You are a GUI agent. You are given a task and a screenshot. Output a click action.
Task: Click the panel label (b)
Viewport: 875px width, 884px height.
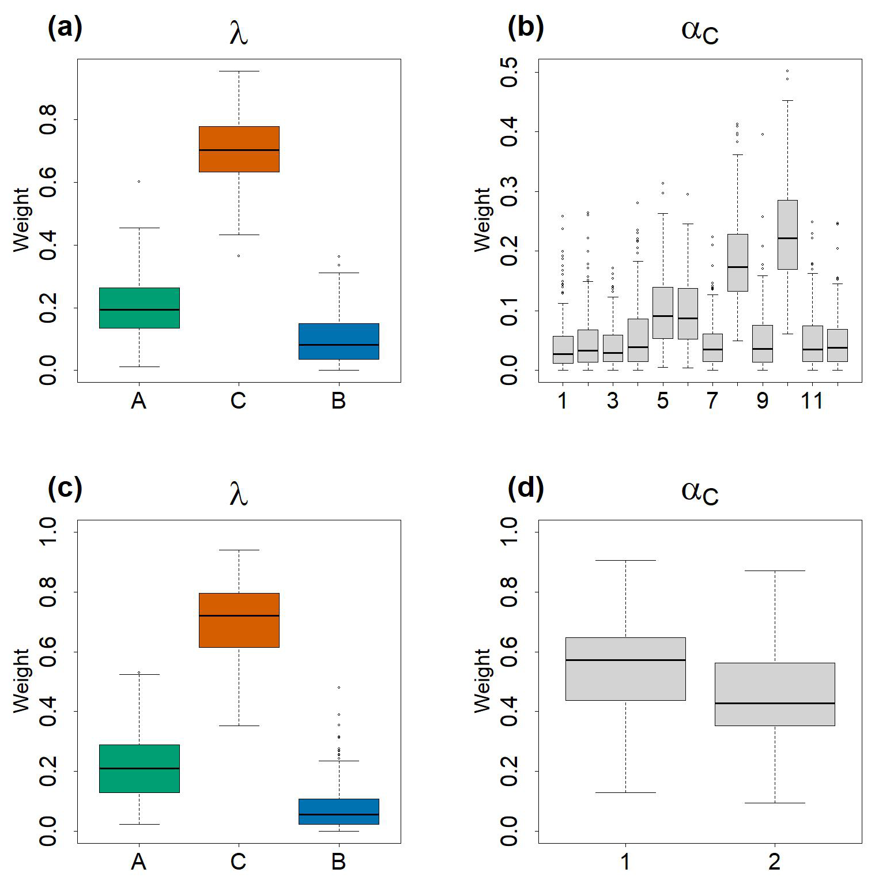(525, 27)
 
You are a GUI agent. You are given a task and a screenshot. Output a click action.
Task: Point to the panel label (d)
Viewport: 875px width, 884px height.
(525, 488)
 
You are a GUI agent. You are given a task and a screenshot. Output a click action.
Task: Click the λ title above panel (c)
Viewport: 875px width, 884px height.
(239, 493)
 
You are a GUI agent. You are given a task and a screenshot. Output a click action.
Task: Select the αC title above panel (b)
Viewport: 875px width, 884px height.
(699, 30)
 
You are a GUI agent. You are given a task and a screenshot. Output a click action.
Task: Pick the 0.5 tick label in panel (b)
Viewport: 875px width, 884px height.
(510, 72)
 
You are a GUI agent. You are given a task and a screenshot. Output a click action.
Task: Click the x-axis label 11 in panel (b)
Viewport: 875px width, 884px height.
(812, 401)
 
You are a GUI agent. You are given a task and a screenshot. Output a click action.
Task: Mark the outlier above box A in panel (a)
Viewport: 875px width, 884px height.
(139, 182)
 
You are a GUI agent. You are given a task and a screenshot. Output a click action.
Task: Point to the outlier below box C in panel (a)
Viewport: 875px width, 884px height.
(239, 256)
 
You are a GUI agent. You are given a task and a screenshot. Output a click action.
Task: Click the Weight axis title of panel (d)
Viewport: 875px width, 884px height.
(482, 681)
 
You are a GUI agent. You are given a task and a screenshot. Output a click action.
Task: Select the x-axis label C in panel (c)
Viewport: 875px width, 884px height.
(238, 862)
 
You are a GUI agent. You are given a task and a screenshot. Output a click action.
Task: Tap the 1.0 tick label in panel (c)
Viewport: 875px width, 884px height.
(48, 531)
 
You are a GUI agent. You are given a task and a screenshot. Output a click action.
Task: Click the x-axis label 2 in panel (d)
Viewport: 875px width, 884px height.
(774, 862)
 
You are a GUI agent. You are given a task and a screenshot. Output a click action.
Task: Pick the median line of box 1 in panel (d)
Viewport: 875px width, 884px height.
(625, 660)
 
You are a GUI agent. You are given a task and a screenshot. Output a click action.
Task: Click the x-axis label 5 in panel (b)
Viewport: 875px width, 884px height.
(662, 401)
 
